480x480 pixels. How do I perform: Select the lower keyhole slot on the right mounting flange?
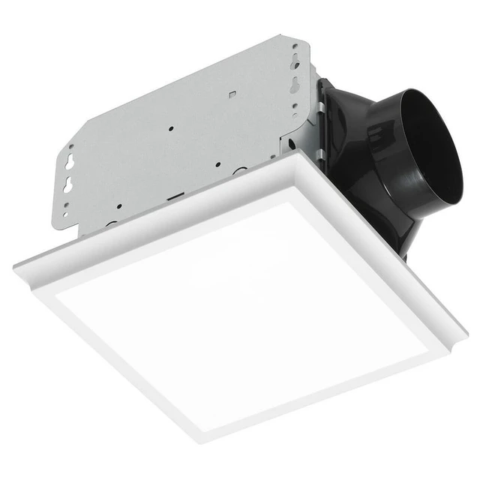(x=296, y=82)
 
